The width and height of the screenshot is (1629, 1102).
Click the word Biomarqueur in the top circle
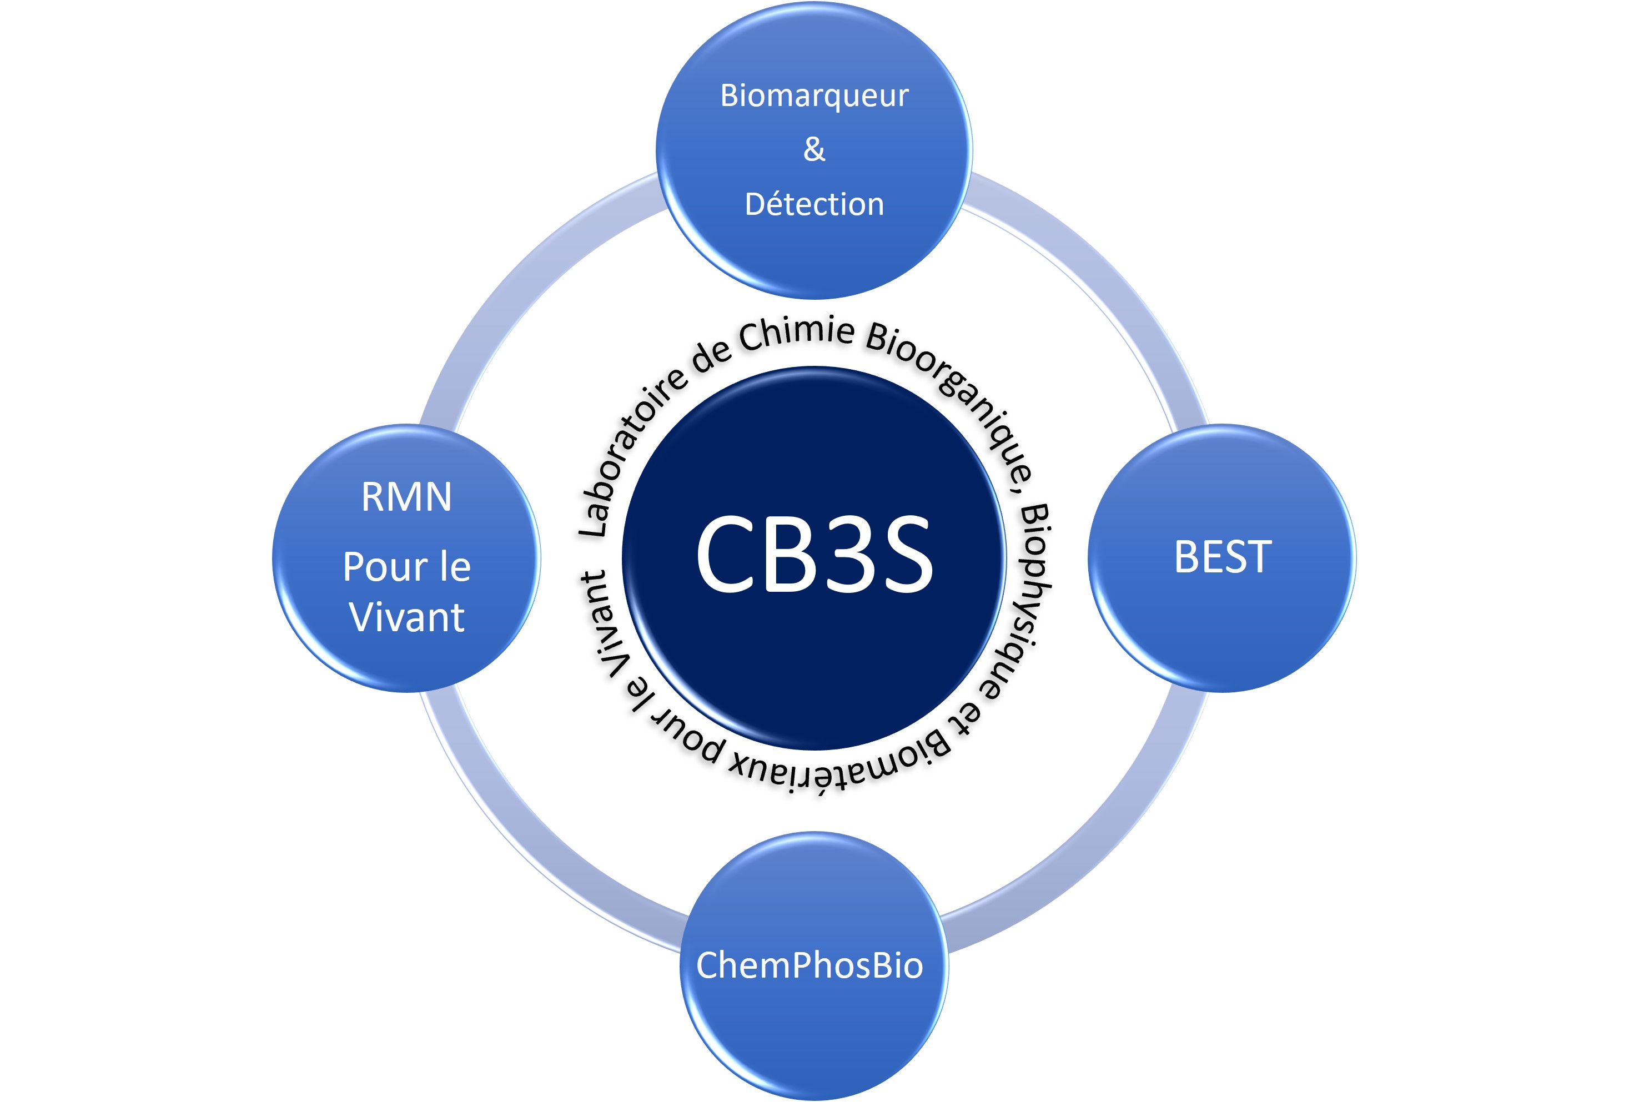coord(814,96)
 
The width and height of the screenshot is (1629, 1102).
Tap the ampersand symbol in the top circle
coord(814,149)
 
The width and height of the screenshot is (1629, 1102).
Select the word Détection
coord(814,204)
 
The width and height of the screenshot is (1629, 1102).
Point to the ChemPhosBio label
coord(809,965)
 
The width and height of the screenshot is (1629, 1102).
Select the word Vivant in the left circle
coord(406,617)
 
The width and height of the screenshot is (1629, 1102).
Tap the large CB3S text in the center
coord(814,554)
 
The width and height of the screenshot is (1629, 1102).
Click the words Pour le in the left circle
coord(406,566)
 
